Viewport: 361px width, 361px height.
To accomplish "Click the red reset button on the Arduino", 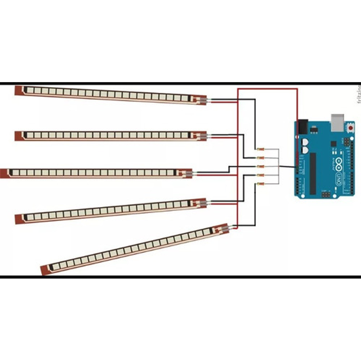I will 350,128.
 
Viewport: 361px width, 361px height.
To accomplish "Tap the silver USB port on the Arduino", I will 338,122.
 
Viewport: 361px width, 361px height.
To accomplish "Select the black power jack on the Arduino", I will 303,126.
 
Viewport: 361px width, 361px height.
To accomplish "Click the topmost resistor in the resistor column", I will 260,149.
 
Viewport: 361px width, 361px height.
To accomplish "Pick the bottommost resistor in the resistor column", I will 260,183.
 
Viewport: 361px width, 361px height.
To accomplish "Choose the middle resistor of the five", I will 260,166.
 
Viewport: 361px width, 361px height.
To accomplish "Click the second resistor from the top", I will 260,157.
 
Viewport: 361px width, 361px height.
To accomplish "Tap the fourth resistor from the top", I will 260,175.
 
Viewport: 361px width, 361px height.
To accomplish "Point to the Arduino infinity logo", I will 339,164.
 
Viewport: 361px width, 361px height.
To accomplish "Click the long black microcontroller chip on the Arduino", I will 313,173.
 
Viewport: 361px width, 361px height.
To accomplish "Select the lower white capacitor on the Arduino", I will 304,150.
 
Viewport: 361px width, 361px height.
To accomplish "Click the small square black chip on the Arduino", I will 333,144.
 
